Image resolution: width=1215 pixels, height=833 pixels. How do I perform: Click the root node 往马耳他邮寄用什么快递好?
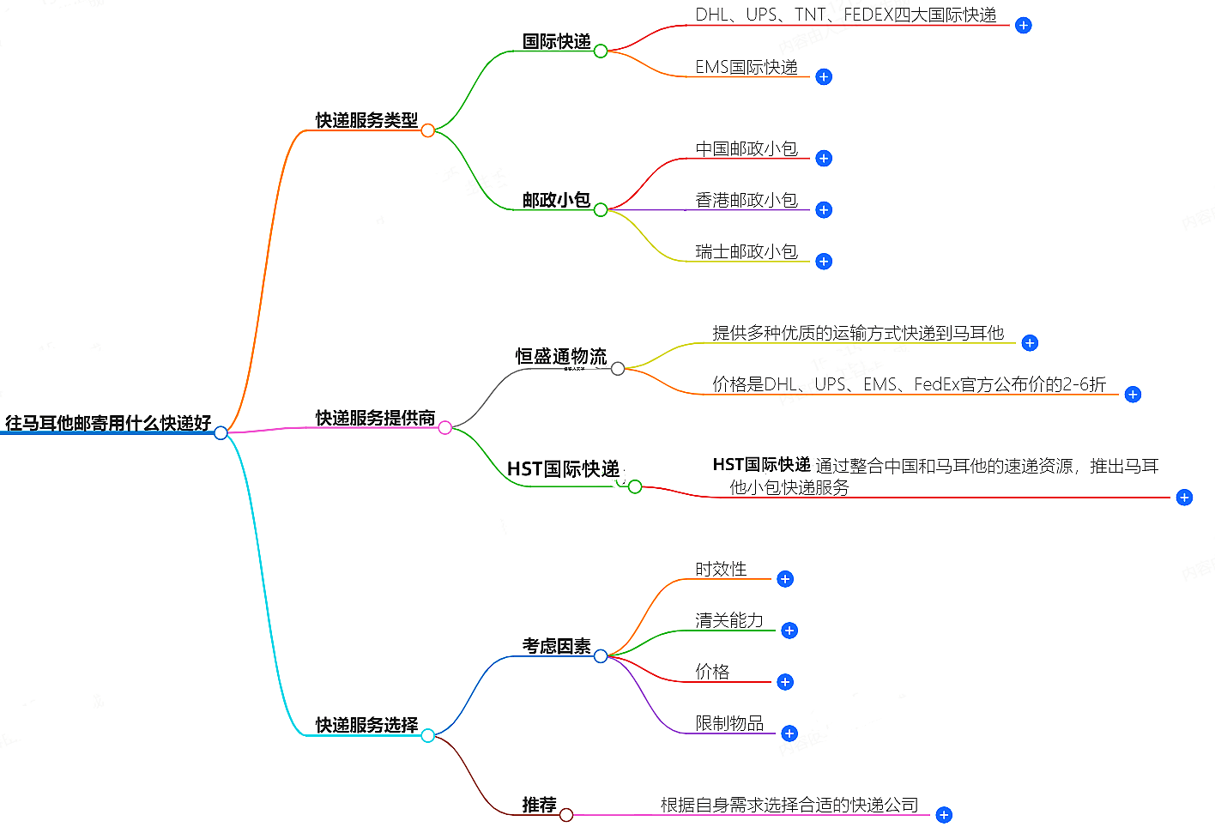(108, 423)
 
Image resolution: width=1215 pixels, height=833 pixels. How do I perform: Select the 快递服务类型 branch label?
(366, 120)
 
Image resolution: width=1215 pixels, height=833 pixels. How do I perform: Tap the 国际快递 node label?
(556, 41)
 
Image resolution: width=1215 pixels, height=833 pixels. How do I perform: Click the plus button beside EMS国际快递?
(824, 77)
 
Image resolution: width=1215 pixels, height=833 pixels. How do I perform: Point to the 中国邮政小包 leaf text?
(747, 149)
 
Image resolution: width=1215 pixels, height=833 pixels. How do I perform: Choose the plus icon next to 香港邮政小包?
(824, 210)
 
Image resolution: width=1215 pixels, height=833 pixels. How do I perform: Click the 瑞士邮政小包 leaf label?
(747, 251)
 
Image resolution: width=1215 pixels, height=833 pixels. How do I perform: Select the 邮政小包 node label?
(556, 200)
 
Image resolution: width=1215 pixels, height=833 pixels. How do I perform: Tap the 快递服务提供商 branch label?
(375, 418)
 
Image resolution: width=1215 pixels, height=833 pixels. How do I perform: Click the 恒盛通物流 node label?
(561, 356)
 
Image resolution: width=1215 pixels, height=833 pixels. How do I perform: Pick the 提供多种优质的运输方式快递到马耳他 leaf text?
(858, 333)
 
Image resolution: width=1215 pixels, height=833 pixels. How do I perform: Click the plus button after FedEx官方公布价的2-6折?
(1133, 395)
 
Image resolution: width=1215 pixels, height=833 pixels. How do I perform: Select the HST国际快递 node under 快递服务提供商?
(563, 468)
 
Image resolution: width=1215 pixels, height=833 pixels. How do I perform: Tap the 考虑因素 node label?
(556, 646)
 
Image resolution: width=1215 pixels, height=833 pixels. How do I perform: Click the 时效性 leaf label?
(721, 569)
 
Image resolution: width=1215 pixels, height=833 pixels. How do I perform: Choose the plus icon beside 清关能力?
(789, 631)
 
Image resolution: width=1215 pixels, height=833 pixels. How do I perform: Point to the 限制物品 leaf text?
(729, 723)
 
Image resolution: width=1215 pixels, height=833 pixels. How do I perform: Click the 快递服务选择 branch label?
(366, 725)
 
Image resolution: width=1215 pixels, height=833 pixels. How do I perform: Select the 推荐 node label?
(539, 805)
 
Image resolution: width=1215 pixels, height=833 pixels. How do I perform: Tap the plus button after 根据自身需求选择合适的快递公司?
(944, 815)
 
